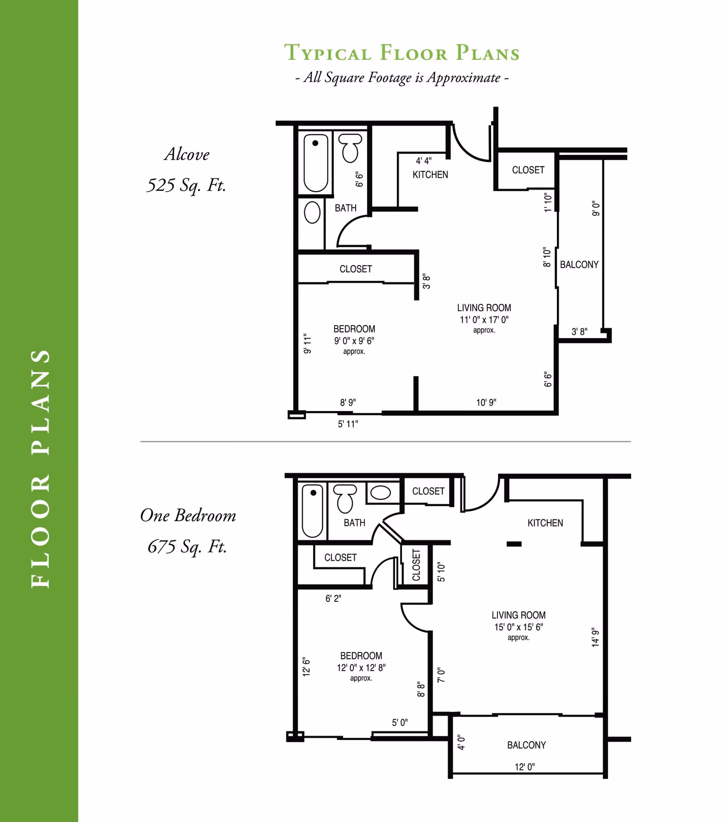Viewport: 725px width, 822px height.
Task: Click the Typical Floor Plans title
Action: [401, 53]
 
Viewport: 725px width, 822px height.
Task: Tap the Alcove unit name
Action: [187, 155]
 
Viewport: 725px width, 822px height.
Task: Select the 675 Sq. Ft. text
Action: [187, 546]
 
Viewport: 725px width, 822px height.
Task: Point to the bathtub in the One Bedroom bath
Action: [313, 511]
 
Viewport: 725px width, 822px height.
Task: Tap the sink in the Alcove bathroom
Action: [312, 212]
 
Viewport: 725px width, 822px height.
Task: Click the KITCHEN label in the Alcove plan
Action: [430, 174]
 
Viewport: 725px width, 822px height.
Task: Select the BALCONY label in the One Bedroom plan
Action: [526, 745]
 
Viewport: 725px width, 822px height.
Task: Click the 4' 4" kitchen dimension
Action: [424, 160]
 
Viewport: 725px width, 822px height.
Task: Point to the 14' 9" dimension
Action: [595, 637]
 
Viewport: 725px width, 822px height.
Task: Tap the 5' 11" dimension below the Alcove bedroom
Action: [348, 424]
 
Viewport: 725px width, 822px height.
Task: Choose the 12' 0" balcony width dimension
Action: [525, 767]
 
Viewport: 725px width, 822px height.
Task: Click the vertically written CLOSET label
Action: [416, 565]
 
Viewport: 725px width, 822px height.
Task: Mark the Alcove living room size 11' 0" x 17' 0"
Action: [484, 319]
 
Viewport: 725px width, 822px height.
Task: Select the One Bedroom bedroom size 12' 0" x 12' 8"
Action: [361, 667]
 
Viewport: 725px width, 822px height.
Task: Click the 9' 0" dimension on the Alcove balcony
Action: [596, 209]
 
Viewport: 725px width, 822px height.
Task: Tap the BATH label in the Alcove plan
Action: [345, 208]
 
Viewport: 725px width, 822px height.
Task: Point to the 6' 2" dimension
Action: [333, 598]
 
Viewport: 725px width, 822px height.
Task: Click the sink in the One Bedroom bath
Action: [381, 493]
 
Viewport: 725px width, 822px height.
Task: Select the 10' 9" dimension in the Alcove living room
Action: [486, 402]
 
